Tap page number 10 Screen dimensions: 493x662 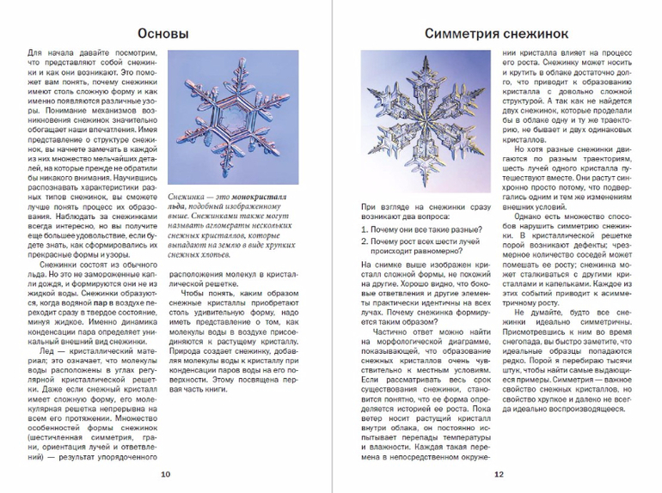[165, 475]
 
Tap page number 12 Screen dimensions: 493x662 [497, 475]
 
